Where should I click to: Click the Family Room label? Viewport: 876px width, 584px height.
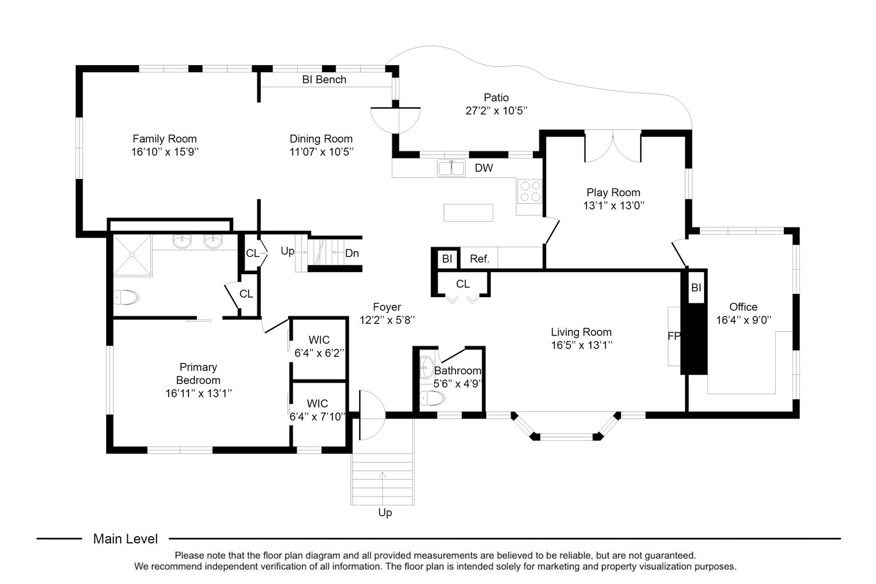(x=164, y=139)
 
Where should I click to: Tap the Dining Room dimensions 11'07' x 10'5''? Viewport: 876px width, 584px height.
(x=321, y=152)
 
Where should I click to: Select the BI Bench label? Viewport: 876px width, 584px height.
(x=324, y=79)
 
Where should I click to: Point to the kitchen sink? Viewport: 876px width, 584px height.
(x=451, y=168)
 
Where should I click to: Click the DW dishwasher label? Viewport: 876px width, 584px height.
(x=484, y=168)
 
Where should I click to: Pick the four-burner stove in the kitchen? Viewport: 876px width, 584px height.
(x=530, y=191)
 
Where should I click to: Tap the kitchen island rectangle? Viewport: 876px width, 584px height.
(x=468, y=213)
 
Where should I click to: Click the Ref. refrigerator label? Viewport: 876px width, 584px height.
(x=479, y=259)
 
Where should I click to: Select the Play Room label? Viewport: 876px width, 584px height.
(x=613, y=192)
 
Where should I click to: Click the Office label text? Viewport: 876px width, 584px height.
(x=743, y=307)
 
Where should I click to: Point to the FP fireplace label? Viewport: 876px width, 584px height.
(x=674, y=336)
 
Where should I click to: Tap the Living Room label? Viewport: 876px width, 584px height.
(x=581, y=332)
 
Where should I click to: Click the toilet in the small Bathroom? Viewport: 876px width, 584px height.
(x=433, y=399)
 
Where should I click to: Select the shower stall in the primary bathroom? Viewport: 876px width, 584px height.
(x=132, y=255)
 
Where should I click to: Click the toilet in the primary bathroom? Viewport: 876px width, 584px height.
(x=126, y=298)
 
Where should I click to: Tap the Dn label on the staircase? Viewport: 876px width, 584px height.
(x=351, y=254)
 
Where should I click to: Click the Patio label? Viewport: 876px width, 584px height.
(x=496, y=97)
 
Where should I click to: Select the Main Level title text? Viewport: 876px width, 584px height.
(x=125, y=539)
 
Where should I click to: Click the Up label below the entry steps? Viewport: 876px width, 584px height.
(x=385, y=512)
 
